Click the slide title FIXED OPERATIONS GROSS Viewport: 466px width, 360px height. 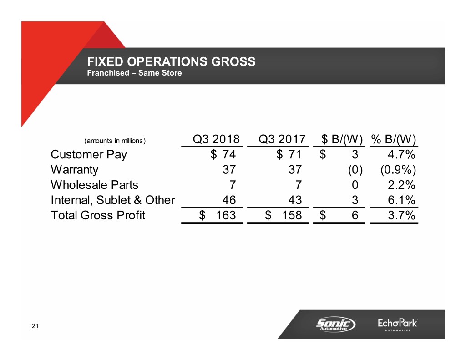click(x=171, y=62)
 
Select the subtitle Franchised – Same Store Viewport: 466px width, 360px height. click(x=134, y=73)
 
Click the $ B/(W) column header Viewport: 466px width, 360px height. click(x=342, y=139)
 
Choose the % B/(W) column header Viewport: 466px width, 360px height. click(x=394, y=139)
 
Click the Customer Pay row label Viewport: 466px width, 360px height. click(x=89, y=155)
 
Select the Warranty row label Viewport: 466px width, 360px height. click(x=74, y=170)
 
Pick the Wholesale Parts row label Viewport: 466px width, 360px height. click(x=94, y=185)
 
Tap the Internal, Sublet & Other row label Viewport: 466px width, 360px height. click(x=113, y=200)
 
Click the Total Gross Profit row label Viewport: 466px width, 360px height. click(x=98, y=215)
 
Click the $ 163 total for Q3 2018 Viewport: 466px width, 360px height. click(x=218, y=215)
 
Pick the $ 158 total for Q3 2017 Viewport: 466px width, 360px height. click(x=284, y=215)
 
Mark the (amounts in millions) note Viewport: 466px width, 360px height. click(x=115, y=141)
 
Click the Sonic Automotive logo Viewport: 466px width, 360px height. click(x=336, y=325)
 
